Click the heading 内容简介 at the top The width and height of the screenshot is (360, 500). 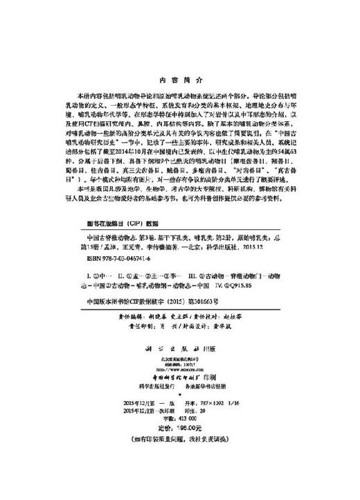point(179,80)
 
